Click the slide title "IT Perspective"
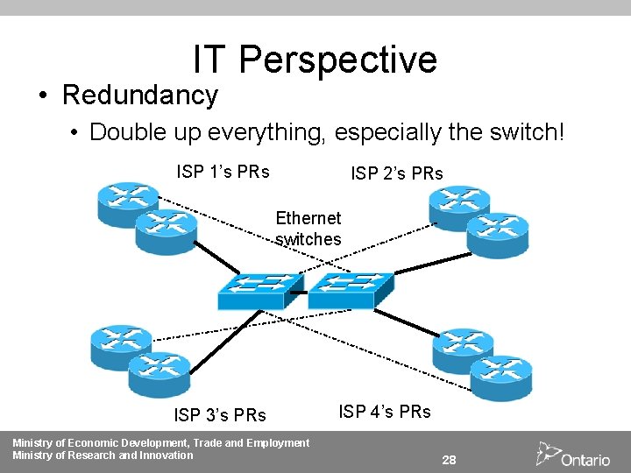[x=315, y=60]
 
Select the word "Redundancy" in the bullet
[x=140, y=95]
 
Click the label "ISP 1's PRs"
[x=223, y=172]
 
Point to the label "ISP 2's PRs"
[x=397, y=174]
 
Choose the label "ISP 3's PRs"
[x=220, y=413]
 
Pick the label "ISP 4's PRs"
[x=385, y=411]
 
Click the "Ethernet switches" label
[x=308, y=228]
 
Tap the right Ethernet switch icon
[x=350, y=289]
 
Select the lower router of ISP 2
[x=498, y=234]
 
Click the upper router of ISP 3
[x=121, y=347]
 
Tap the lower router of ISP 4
[x=500, y=376]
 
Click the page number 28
[x=450, y=460]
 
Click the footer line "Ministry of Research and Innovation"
[x=103, y=455]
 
